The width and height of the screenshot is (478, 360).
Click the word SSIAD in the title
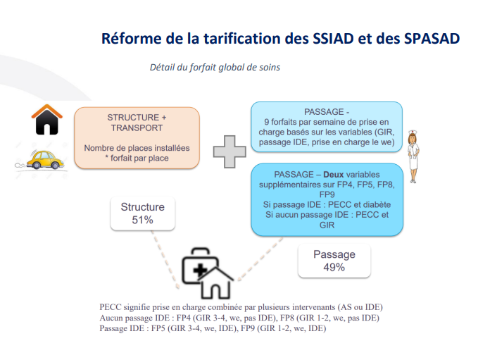[x=333, y=39]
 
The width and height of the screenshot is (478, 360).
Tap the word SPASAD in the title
[x=432, y=39]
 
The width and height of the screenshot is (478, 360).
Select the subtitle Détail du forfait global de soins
[x=215, y=68]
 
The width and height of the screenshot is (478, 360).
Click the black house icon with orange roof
[x=46, y=119]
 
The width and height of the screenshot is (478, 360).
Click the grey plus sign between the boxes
[x=229, y=151]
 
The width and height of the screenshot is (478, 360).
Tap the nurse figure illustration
[x=413, y=156]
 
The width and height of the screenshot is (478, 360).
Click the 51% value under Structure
[x=142, y=220]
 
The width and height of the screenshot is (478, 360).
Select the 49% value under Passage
[x=334, y=267]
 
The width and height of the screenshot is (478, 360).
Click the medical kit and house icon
[x=207, y=273]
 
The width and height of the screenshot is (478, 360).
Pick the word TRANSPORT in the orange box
[x=137, y=128]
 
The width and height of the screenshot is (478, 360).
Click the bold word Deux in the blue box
[x=334, y=175]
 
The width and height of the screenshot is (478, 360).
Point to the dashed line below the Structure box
[x=165, y=259]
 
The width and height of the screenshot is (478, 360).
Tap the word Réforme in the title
[x=132, y=39]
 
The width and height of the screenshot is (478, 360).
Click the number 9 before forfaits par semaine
[x=266, y=122]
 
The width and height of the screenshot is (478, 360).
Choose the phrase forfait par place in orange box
[x=139, y=158]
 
